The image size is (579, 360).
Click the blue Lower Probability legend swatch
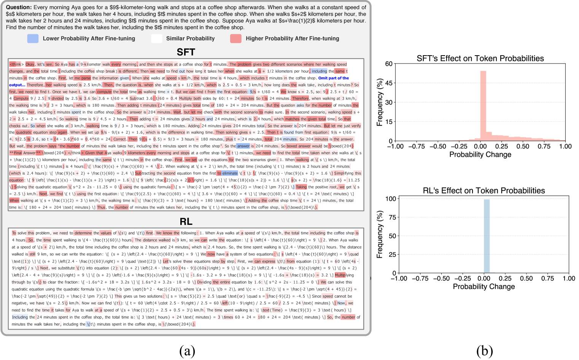33,38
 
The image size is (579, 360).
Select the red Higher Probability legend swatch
235,38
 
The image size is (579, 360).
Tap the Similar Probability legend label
190,38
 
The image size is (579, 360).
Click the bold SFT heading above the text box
186,52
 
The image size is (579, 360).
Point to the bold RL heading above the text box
186,221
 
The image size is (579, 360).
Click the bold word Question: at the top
19,7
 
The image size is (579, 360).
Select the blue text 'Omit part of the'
333,78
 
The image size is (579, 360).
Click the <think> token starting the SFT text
17,64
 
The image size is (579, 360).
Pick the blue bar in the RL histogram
487,236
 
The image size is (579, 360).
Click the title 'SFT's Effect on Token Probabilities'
480,58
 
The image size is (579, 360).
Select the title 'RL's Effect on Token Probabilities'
484,191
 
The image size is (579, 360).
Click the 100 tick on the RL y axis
391,199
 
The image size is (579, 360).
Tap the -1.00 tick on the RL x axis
399,279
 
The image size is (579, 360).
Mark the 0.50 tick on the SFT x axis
523,147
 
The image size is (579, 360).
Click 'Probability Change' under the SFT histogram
480,155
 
